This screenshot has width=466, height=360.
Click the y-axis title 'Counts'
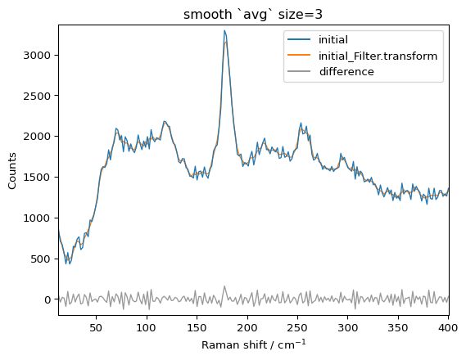coord(12,169)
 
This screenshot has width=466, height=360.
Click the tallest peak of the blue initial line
coord(224,31)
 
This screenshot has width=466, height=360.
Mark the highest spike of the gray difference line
coord(224,286)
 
